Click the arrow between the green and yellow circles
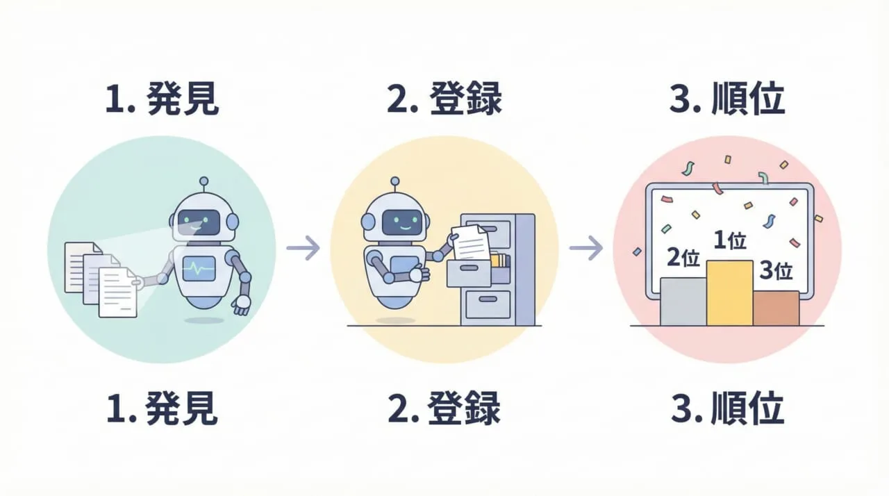tap(303, 247)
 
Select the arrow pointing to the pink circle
tap(585, 247)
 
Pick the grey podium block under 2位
tap(683, 301)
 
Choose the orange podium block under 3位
tap(776, 308)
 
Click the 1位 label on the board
tap(729, 241)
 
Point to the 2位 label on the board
tap(682, 258)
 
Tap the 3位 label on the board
tap(776, 271)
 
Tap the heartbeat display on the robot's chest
tap(199, 267)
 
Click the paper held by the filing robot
tap(470, 241)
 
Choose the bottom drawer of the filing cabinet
tap(488, 304)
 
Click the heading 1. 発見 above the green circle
tap(162, 101)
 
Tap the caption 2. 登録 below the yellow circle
tap(444, 408)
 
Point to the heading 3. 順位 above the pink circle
tap(727, 101)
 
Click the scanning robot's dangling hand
tap(241, 304)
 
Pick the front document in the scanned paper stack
tap(117, 292)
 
